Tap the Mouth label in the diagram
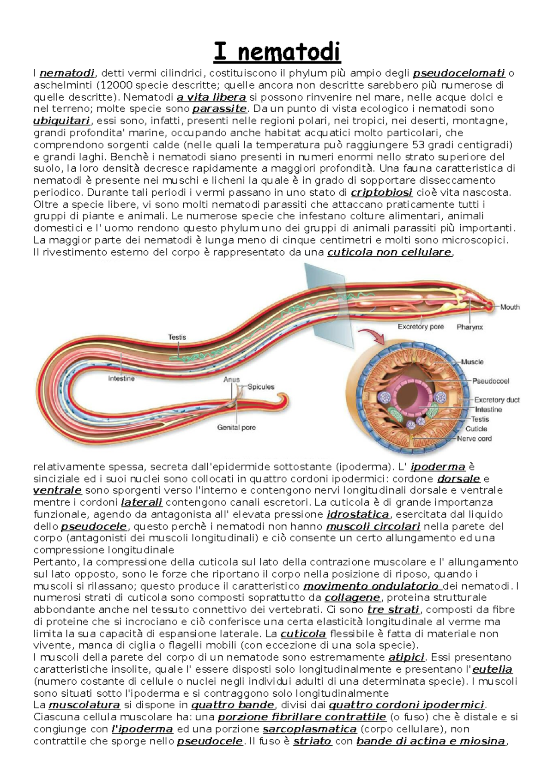510,307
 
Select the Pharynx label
470,327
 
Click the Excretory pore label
421,327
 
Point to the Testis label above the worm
177,337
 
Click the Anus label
231,380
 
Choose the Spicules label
261,387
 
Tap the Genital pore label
236,428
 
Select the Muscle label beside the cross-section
472,362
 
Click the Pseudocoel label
490,381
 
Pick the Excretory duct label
497,400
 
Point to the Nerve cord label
474,439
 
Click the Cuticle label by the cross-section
476,429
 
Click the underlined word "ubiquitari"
62,121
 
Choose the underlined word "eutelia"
493,669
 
